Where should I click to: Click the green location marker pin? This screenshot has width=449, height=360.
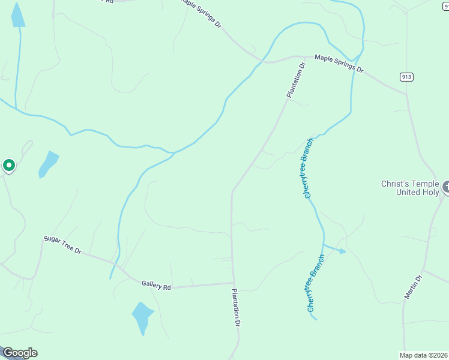point(9,164)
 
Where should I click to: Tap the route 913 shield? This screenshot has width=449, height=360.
point(407,77)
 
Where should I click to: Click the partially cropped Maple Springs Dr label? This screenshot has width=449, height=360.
point(202,12)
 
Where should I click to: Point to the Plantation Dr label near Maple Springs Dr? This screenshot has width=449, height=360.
point(296,79)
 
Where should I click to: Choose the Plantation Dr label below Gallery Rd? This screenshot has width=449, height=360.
point(237,307)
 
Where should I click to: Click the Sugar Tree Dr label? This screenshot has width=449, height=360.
point(62,245)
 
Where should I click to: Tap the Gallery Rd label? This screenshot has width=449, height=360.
point(156,286)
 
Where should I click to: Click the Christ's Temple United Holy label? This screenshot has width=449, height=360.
point(411,188)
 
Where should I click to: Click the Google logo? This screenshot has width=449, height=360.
point(19,353)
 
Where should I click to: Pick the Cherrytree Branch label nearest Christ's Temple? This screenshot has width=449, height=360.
point(309,168)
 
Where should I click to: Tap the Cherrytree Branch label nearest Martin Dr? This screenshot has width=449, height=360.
point(315,283)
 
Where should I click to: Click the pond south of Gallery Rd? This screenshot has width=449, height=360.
point(142,317)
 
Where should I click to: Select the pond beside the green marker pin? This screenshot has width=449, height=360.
point(49,163)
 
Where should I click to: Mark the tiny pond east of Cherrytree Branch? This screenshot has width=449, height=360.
point(342,251)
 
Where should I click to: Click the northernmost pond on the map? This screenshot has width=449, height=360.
point(18,16)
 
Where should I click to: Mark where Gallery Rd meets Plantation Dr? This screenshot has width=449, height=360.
point(233,283)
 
